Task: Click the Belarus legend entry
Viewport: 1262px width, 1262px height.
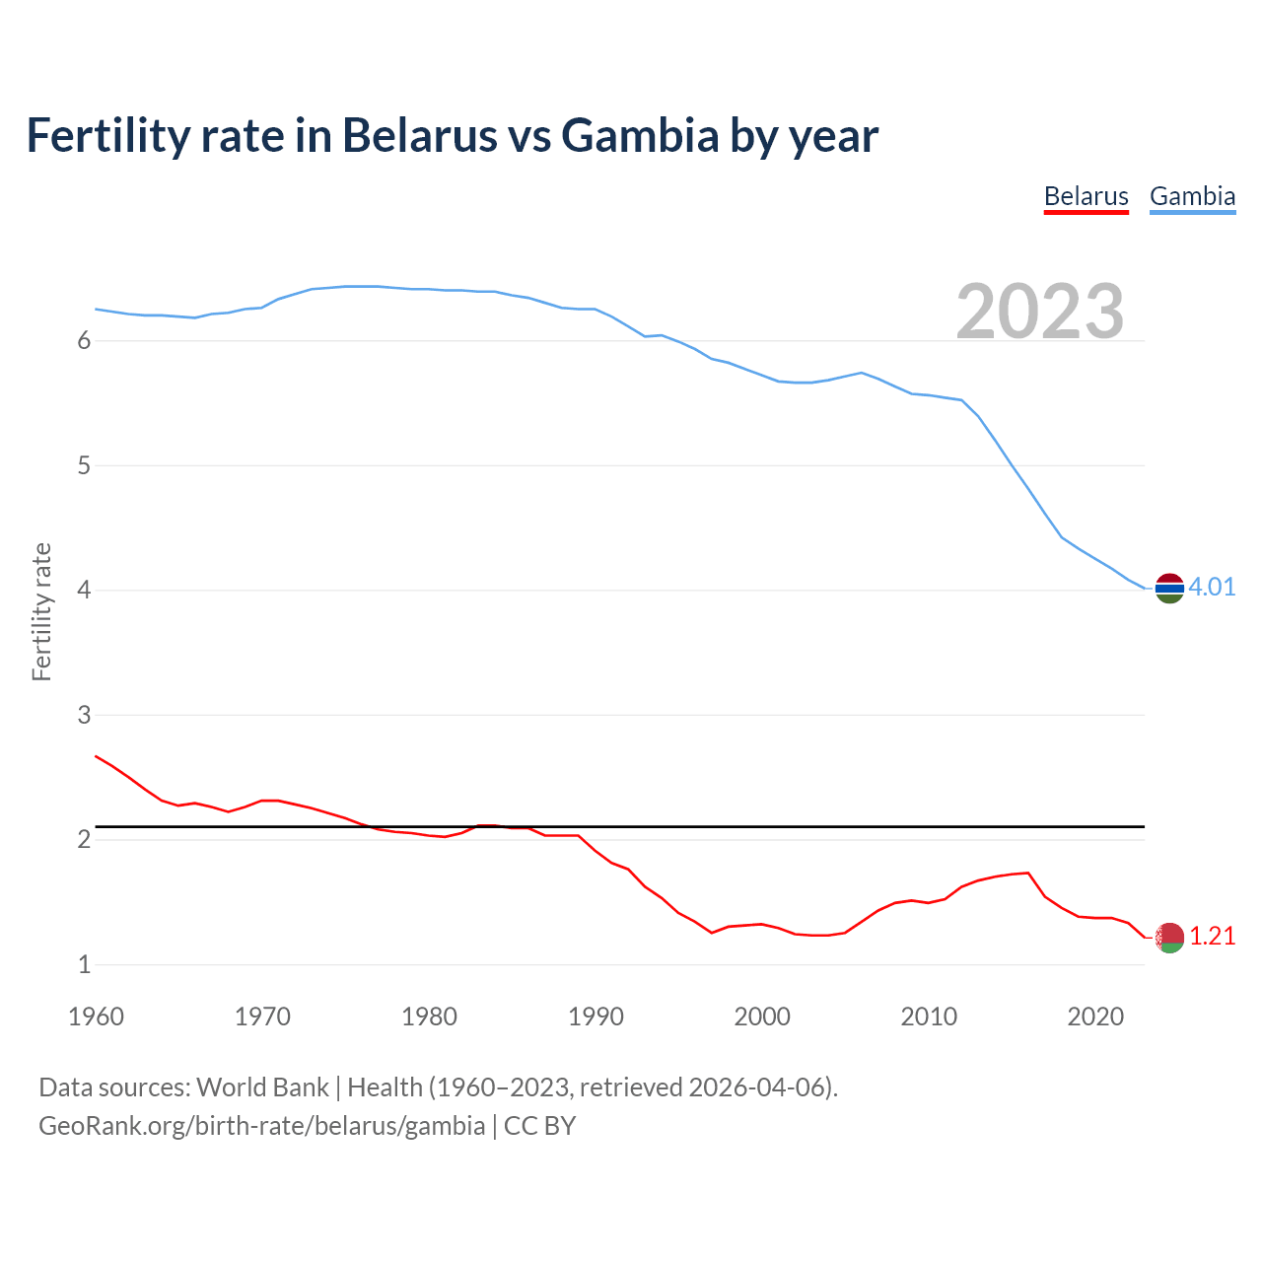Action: point(1086,196)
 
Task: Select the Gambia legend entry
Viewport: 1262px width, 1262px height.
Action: point(1192,196)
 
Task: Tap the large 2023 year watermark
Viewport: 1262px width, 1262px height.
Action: point(1040,312)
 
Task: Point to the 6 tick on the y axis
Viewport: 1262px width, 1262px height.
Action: point(84,341)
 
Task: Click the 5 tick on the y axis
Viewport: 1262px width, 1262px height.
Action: point(84,465)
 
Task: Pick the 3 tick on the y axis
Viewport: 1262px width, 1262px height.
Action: point(84,715)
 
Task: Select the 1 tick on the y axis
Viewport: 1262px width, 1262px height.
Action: point(84,965)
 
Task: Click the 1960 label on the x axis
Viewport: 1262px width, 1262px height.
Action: point(96,1017)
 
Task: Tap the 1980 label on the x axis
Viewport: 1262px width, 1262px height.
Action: point(429,1017)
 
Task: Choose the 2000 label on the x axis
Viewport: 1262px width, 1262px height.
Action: point(762,1017)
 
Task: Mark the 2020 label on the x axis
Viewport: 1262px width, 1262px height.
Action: point(1095,1017)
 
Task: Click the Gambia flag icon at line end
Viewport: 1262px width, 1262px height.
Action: point(1169,588)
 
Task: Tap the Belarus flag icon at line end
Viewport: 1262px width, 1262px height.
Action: point(1169,938)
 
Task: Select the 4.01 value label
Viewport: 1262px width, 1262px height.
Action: point(1212,588)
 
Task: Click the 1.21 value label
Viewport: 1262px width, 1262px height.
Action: point(1212,937)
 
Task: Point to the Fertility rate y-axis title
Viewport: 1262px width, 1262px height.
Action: point(41,611)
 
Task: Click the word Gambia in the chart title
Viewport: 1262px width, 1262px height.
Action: point(640,136)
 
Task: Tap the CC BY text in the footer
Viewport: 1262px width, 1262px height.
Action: point(539,1126)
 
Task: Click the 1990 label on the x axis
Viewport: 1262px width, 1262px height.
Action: point(596,1017)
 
